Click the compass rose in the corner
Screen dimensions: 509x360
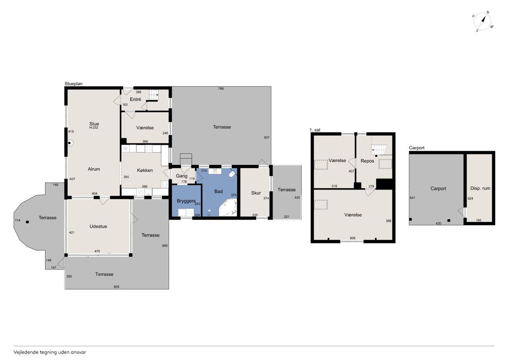(x=482, y=21)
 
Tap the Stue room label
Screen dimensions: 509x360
(x=94, y=124)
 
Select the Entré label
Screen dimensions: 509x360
(x=136, y=99)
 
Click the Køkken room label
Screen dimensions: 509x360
(x=145, y=170)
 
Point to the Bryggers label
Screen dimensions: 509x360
(x=186, y=201)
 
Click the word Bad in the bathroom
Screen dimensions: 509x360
(x=219, y=192)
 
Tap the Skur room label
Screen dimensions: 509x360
(x=256, y=193)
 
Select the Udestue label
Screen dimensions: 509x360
(x=98, y=226)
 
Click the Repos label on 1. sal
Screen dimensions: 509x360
(x=367, y=161)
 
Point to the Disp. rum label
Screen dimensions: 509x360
(x=480, y=189)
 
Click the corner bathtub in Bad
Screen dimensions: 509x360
(x=227, y=208)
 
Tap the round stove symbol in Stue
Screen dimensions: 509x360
(x=70, y=143)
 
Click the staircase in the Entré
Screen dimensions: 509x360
(x=154, y=95)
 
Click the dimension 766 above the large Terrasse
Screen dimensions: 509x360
(x=221, y=89)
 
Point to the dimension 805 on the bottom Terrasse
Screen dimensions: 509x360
(x=117, y=287)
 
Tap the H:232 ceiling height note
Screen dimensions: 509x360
(x=93, y=128)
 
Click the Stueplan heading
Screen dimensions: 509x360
(x=74, y=84)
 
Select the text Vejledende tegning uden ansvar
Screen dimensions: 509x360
(x=50, y=352)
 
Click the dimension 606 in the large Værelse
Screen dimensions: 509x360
(x=352, y=238)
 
